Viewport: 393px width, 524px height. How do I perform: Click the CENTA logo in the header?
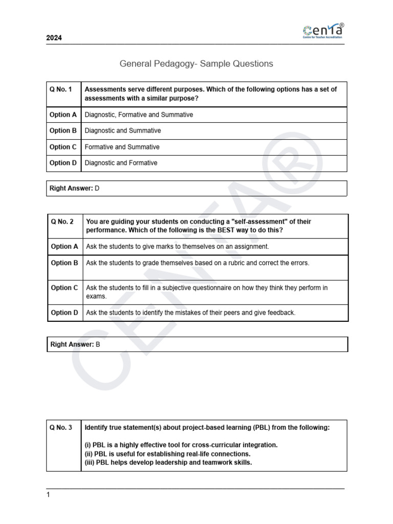323,31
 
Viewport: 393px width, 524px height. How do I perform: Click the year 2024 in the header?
54,38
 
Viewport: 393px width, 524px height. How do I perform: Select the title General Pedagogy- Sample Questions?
196,64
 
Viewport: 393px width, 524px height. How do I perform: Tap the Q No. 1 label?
60,89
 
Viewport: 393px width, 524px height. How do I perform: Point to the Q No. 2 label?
62,222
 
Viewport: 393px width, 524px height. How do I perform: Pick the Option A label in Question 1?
63,115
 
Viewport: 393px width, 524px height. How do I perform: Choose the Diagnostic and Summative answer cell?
123,130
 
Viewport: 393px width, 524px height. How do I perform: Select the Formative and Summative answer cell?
122,147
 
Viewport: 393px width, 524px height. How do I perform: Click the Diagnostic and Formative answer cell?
121,163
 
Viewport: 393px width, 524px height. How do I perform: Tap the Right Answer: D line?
74,188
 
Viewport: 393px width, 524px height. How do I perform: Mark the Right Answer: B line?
75,344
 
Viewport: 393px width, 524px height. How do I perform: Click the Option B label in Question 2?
64,263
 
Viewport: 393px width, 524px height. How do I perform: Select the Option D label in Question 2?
64,312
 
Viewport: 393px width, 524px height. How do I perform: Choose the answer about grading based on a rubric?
198,263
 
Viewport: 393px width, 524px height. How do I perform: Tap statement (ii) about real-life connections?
167,454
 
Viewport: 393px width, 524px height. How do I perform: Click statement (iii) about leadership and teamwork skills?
168,463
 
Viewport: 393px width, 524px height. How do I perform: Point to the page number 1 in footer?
49,495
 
